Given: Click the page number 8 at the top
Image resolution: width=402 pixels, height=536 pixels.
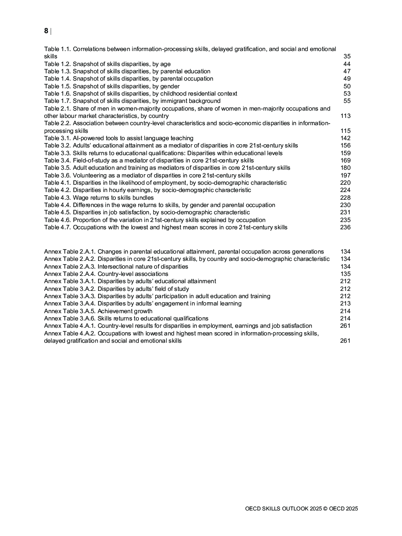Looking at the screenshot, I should pyautogui.click(x=46, y=31).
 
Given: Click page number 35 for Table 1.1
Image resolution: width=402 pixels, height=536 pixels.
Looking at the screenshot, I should pyautogui.click(x=347, y=56).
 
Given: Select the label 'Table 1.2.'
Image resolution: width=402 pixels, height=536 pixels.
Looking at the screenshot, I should pyautogui.click(x=58, y=64).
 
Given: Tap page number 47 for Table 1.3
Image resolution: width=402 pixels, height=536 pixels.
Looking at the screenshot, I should pyautogui.click(x=347, y=71).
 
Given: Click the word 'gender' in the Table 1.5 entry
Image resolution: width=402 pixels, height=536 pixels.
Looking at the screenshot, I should pyautogui.click(x=170, y=86).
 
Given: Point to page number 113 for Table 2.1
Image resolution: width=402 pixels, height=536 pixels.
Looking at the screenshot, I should pyautogui.click(x=345, y=116).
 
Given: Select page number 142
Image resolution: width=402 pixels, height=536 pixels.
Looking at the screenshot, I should pyautogui.click(x=345, y=138).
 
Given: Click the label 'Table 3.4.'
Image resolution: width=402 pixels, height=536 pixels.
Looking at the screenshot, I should pyautogui.click(x=58, y=160).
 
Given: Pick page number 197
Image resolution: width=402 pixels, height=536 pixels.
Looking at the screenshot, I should pyautogui.click(x=345, y=175).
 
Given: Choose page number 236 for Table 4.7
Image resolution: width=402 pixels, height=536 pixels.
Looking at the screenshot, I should pyautogui.click(x=345, y=227).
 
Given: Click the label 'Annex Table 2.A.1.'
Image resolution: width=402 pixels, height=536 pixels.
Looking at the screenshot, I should pyautogui.click(x=70, y=252).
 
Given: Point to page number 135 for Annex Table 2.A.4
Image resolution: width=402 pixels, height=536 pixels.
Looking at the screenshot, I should pyautogui.click(x=345, y=274).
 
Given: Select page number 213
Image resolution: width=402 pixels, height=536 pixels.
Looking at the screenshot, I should pyautogui.click(x=345, y=303).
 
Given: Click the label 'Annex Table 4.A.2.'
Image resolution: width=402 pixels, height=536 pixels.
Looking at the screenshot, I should pyautogui.click(x=70, y=333).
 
